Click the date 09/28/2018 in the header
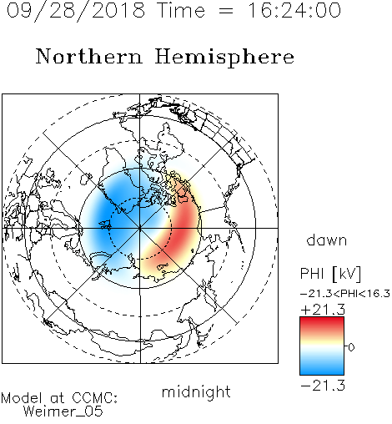click(x=76, y=11)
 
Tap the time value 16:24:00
click(x=294, y=10)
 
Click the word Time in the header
click(x=181, y=10)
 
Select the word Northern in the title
click(x=89, y=57)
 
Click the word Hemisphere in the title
click(x=224, y=58)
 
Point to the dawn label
click(x=327, y=240)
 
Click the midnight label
click(x=196, y=392)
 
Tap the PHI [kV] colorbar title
click(x=330, y=274)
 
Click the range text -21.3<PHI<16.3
click(x=345, y=294)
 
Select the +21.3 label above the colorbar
click(x=323, y=310)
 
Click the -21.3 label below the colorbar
click(x=323, y=386)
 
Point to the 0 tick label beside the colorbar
click(x=351, y=347)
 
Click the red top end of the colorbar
click(x=322, y=319)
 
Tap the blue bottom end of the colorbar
click(x=322, y=372)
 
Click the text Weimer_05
click(x=63, y=411)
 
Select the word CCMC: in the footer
click(x=95, y=398)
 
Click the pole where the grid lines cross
click(x=139, y=228)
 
